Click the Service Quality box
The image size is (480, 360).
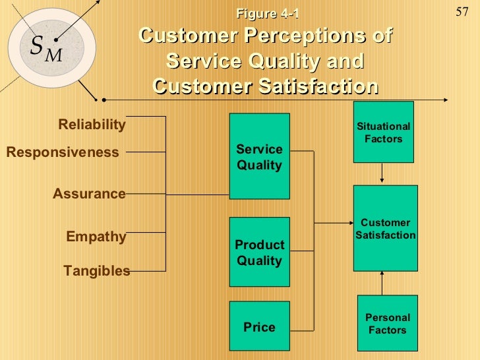click(259, 156)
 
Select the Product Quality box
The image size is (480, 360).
click(259, 252)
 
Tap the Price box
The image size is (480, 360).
click(259, 327)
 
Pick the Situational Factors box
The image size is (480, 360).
click(383, 132)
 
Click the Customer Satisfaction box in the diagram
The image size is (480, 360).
click(386, 228)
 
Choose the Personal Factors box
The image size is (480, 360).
click(387, 324)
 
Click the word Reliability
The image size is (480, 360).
click(92, 125)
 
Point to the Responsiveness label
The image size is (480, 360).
click(63, 152)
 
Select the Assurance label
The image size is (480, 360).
click(89, 194)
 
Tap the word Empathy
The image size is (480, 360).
click(96, 237)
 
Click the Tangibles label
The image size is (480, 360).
click(96, 270)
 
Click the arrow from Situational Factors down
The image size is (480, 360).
click(383, 174)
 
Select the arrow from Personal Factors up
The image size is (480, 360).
click(383, 283)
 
